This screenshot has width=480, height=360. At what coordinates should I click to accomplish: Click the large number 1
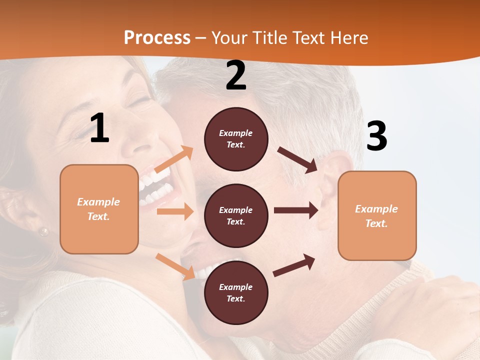coord(99,128)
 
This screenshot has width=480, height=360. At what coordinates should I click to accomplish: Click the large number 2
coord(236,75)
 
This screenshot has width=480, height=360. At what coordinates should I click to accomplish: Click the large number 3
coord(376,136)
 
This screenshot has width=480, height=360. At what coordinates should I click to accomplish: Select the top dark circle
coord(236,139)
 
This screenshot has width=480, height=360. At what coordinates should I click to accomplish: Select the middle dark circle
coord(236,215)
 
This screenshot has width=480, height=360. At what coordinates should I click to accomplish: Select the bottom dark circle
coord(236,292)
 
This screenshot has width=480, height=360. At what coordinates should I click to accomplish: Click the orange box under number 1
coord(99,209)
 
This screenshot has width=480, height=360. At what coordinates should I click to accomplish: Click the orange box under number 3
coord(377,216)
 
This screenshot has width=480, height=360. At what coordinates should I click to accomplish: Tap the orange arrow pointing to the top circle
coord(174,159)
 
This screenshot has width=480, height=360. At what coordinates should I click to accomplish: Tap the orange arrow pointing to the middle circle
coord(175,211)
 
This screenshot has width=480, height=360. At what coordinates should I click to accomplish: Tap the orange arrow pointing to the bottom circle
coord(175,266)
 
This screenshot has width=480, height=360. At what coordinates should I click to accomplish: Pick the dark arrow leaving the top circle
coord(298,159)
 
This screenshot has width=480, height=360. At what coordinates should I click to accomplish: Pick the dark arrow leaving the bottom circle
coord(294,265)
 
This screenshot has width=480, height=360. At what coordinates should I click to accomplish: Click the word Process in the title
coord(157,37)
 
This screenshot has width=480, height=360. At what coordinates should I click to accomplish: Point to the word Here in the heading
coord(349,38)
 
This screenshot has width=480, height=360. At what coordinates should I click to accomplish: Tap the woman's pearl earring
coord(44,231)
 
